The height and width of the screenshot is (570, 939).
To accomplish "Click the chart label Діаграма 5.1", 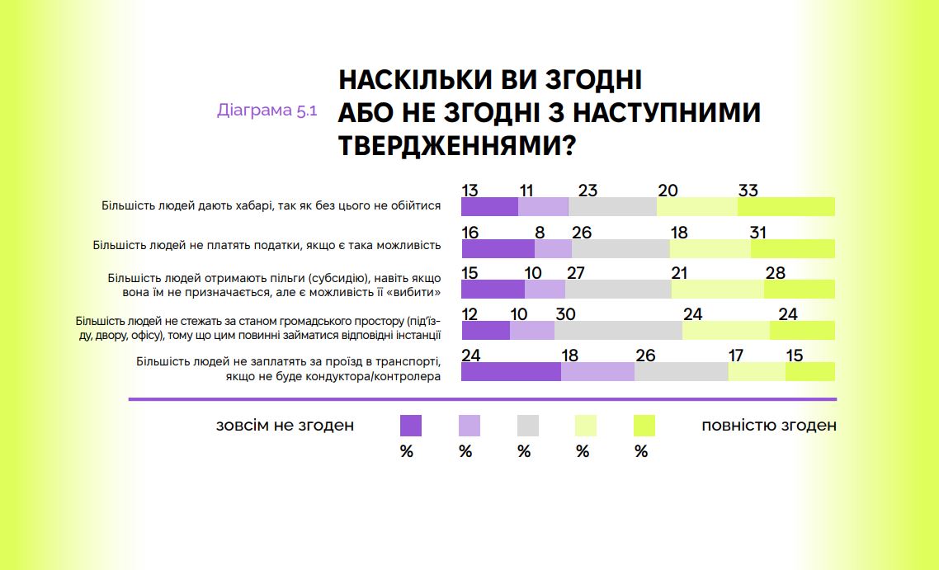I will point(267,111).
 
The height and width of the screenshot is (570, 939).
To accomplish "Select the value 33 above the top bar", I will point(748,191).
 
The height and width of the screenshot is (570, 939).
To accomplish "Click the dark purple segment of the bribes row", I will point(489,206).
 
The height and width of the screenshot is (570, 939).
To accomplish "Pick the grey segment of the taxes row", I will point(620,248).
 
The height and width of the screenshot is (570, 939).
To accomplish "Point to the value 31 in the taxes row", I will point(759,232).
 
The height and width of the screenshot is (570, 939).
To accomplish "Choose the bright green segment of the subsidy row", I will point(799,289).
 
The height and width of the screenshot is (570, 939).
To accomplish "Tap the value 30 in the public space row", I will point(565,314).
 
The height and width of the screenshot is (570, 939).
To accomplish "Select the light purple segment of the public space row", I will point(531,330).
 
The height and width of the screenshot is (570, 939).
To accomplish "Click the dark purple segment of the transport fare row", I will point(511,371).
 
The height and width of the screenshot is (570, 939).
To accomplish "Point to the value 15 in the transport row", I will point(795,356).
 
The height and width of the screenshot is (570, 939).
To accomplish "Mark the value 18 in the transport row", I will point(569,356).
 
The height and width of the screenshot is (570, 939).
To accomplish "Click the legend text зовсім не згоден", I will point(285,426).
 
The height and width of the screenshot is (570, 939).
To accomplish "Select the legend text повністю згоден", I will point(768,426).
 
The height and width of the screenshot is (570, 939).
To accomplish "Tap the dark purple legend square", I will point(410,426).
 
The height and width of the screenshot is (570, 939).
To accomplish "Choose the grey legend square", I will point(527,426).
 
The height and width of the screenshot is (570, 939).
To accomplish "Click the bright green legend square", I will point(644,426).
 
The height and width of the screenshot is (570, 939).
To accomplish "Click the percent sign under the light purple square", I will point(465,451).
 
